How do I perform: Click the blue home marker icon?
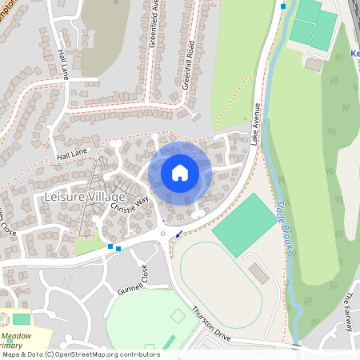179,172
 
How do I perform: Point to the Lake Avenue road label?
257,122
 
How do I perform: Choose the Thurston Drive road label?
211,326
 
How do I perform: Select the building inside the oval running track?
258,274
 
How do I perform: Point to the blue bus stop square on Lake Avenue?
282,6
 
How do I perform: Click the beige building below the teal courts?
314,64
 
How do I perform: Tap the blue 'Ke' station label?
355,54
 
